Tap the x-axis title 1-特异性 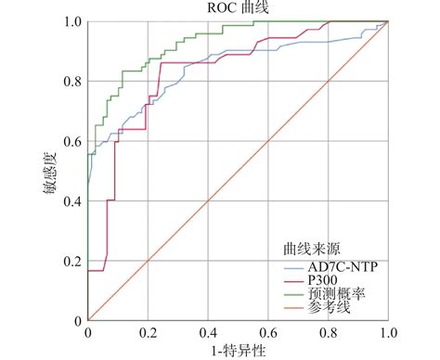(x=237, y=350)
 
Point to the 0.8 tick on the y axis (x=71, y=81)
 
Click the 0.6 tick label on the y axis (x=71, y=141)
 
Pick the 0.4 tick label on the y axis (x=71, y=201)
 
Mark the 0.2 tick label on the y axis (x=71, y=262)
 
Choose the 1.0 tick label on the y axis (x=71, y=20)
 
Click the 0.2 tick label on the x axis (x=148, y=332)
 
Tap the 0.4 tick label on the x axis (x=208, y=332)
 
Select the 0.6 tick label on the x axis (x=268, y=332)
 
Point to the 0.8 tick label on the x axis (x=329, y=332)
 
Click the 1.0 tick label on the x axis (x=388, y=332)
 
